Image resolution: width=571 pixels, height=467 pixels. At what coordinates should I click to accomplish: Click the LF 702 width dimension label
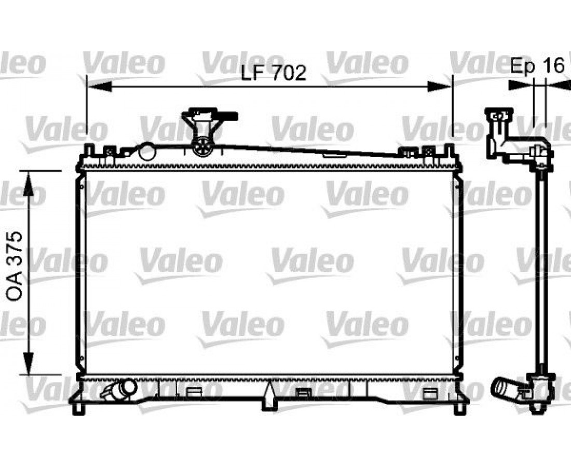(x=274, y=73)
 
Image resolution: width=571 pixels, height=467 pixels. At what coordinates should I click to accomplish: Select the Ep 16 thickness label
(x=537, y=65)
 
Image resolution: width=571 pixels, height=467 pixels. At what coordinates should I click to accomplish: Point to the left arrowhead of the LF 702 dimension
(x=98, y=87)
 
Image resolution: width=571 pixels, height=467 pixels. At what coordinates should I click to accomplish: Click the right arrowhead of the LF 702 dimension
(x=440, y=87)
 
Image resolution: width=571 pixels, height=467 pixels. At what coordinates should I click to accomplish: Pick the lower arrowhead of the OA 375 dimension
(x=29, y=362)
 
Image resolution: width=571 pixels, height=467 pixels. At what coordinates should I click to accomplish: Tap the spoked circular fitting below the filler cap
(x=202, y=147)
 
